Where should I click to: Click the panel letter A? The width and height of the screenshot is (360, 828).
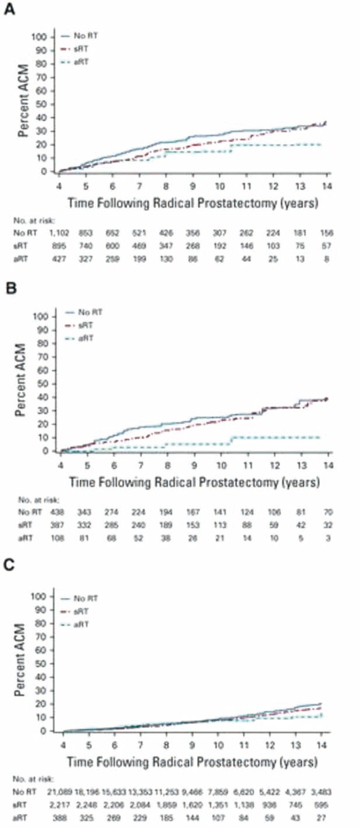[10, 10]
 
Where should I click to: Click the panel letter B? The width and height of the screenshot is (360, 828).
[10, 290]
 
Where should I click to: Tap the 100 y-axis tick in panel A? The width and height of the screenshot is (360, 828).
[38, 37]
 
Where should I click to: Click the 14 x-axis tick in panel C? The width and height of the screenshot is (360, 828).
[320, 743]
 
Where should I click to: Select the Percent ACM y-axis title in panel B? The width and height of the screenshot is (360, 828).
[23, 382]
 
